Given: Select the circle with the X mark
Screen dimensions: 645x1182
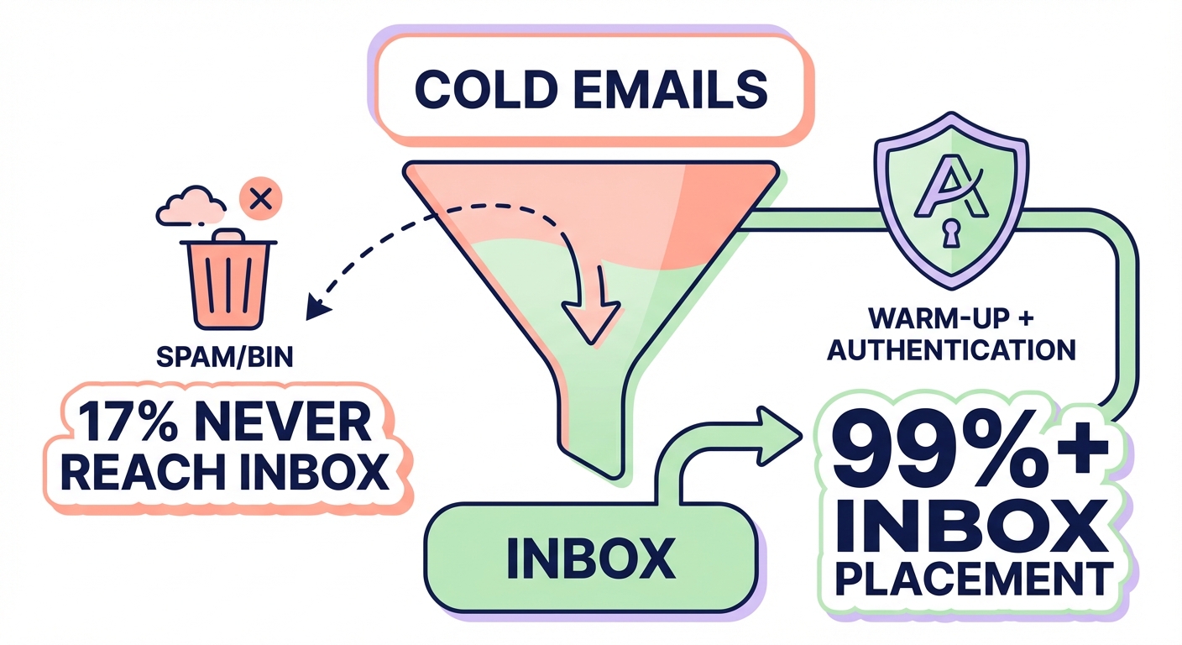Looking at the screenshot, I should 261,200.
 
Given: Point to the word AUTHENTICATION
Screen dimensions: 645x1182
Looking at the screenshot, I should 950,349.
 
